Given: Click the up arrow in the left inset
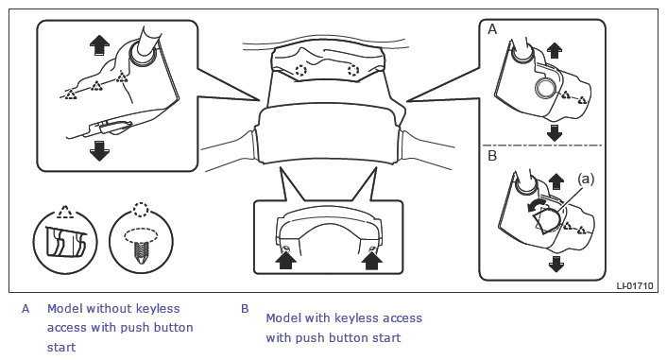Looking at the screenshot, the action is (x=99, y=45).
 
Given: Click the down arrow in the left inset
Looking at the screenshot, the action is (x=99, y=151).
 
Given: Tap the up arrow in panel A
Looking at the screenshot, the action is (x=554, y=50).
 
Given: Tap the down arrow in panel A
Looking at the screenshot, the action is (x=554, y=133).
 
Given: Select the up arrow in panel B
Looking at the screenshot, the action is (x=556, y=181).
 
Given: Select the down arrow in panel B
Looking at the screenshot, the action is (x=556, y=264).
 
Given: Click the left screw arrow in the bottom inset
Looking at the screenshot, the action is (x=285, y=260).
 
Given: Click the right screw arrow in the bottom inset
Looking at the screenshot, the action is (x=371, y=260).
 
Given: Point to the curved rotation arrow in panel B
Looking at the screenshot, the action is (x=535, y=205).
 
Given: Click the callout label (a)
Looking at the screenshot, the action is (x=586, y=180).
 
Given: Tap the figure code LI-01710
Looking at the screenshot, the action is (x=635, y=285).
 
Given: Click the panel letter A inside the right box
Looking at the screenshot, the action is (x=492, y=29).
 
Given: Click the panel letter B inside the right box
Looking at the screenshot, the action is (x=492, y=156).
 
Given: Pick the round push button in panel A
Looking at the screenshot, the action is (x=545, y=89).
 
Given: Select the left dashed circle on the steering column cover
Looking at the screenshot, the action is (x=300, y=70).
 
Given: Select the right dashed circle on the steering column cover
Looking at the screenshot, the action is (x=353, y=70).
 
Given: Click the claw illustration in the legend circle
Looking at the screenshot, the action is (x=65, y=243).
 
